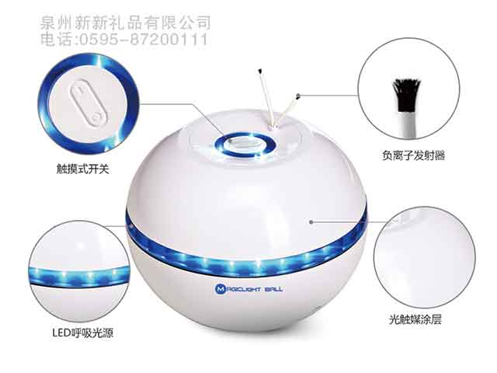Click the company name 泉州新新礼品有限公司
tap(125, 23)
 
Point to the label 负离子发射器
tap(419, 155)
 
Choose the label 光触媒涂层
tap(419, 319)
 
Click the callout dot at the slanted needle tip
tap(299, 96)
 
